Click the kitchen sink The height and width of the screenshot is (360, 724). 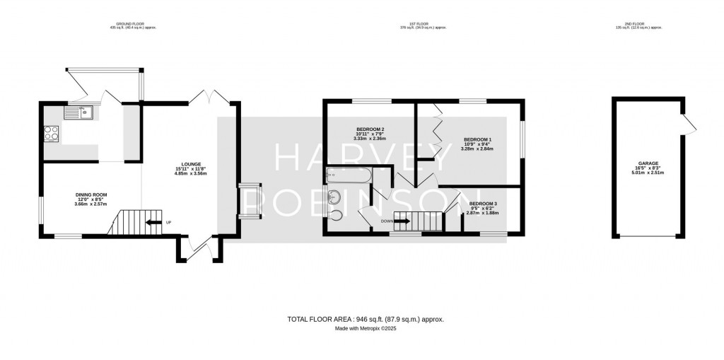pyautogui.click(x=78, y=111)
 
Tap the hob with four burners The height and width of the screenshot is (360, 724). pyautogui.click(x=52, y=133)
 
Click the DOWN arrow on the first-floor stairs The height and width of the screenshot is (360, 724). pyautogui.click(x=401, y=221)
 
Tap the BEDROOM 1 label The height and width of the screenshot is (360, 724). pyautogui.click(x=477, y=139)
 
